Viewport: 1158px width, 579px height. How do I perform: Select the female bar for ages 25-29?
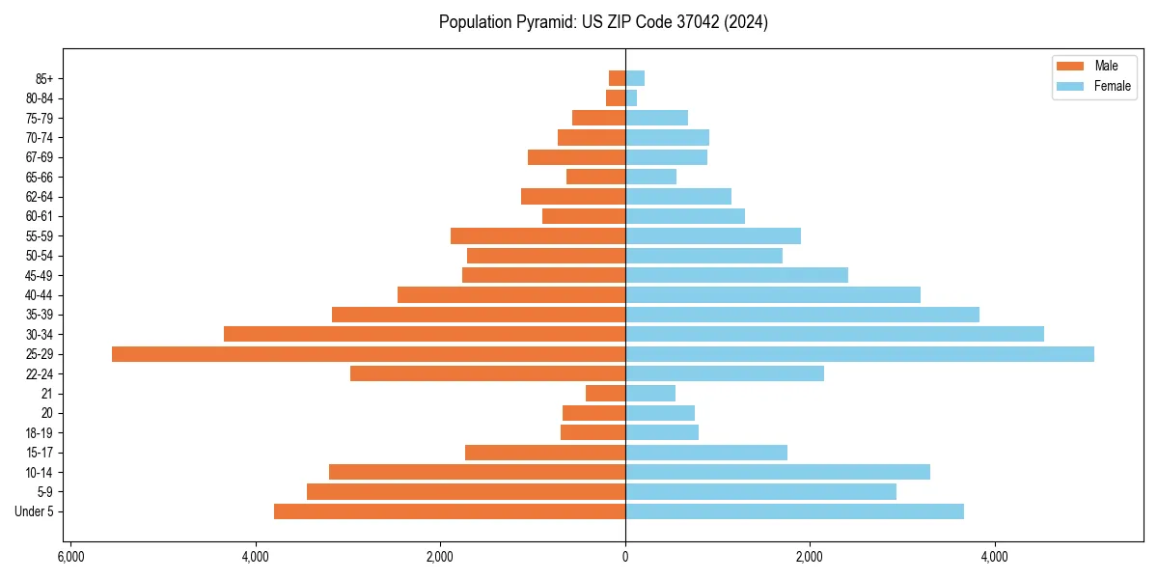click(859, 354)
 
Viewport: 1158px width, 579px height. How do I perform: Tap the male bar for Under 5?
click(450, 511)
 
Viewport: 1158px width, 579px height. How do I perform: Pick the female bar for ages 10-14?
click(778, 472)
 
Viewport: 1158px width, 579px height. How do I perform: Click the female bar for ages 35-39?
click(802, 315)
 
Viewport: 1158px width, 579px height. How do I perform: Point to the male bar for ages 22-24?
click(487, 373)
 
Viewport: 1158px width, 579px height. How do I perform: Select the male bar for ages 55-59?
click(538, 236)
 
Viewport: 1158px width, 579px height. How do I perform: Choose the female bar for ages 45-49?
click(736, 275)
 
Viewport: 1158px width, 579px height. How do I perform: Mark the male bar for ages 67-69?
click(576, 157)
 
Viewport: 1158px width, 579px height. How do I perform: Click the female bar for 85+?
click(635, 78)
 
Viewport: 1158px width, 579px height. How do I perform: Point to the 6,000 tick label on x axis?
click(70, 557)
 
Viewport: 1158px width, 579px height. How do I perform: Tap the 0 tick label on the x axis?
click(625, 557)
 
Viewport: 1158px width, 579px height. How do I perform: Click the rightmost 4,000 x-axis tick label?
click(994, 557)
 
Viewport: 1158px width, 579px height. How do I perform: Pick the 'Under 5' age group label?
click(35, 511)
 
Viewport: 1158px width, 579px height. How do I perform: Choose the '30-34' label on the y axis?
click(40, 335)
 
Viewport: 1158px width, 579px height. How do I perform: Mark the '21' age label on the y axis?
click(47, 394)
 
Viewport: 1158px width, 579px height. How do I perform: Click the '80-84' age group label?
click(40, 98)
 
